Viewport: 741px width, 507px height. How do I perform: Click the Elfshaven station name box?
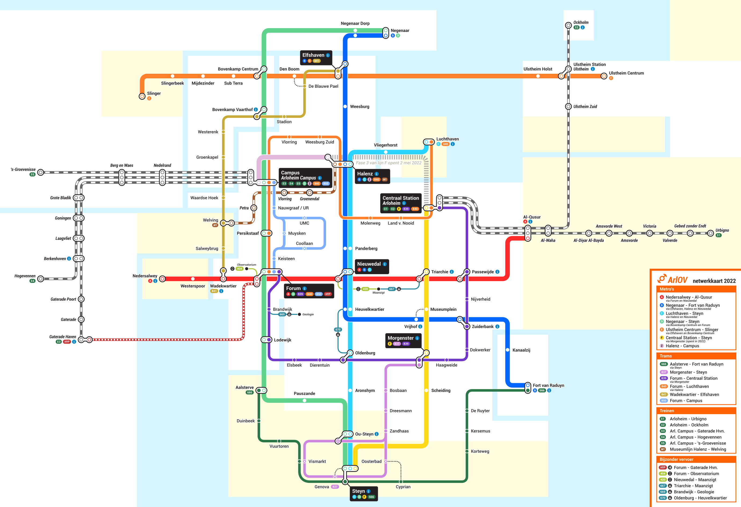click(x=316, y=57)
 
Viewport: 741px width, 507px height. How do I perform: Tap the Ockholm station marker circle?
click(x=568, y=25)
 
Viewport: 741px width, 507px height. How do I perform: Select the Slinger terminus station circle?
click(x=142, y=96)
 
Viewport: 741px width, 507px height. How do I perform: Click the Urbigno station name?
click(x=722, y=230)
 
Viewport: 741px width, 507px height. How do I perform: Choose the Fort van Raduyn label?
click(x=548, y=385)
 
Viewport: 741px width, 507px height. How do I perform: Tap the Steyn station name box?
click(x=363, y=493)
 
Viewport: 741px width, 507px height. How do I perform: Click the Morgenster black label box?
click(x=403, y=340)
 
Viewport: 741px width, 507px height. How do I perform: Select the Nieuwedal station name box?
click(x=371, y=266)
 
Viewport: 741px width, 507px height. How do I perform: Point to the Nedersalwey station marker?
click(x=162, y=279)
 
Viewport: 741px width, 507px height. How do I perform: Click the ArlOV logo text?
click(x=677, y=280)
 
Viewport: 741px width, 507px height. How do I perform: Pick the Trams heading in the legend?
click(x=666, y=356)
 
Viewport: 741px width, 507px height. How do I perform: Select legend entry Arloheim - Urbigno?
click(x=688, y=419)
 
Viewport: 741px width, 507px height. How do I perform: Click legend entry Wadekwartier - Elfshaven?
click(x=694, y=395)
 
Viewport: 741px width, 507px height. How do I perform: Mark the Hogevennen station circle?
click(x=41, y=279)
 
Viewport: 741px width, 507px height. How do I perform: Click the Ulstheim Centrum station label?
click(x=626, y=73)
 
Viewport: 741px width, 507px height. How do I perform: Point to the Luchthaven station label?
click(x=447, y=139)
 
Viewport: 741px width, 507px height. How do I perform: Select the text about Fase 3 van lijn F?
click(x=388, y=163)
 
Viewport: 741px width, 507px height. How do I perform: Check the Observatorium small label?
click(x=247, y=265)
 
